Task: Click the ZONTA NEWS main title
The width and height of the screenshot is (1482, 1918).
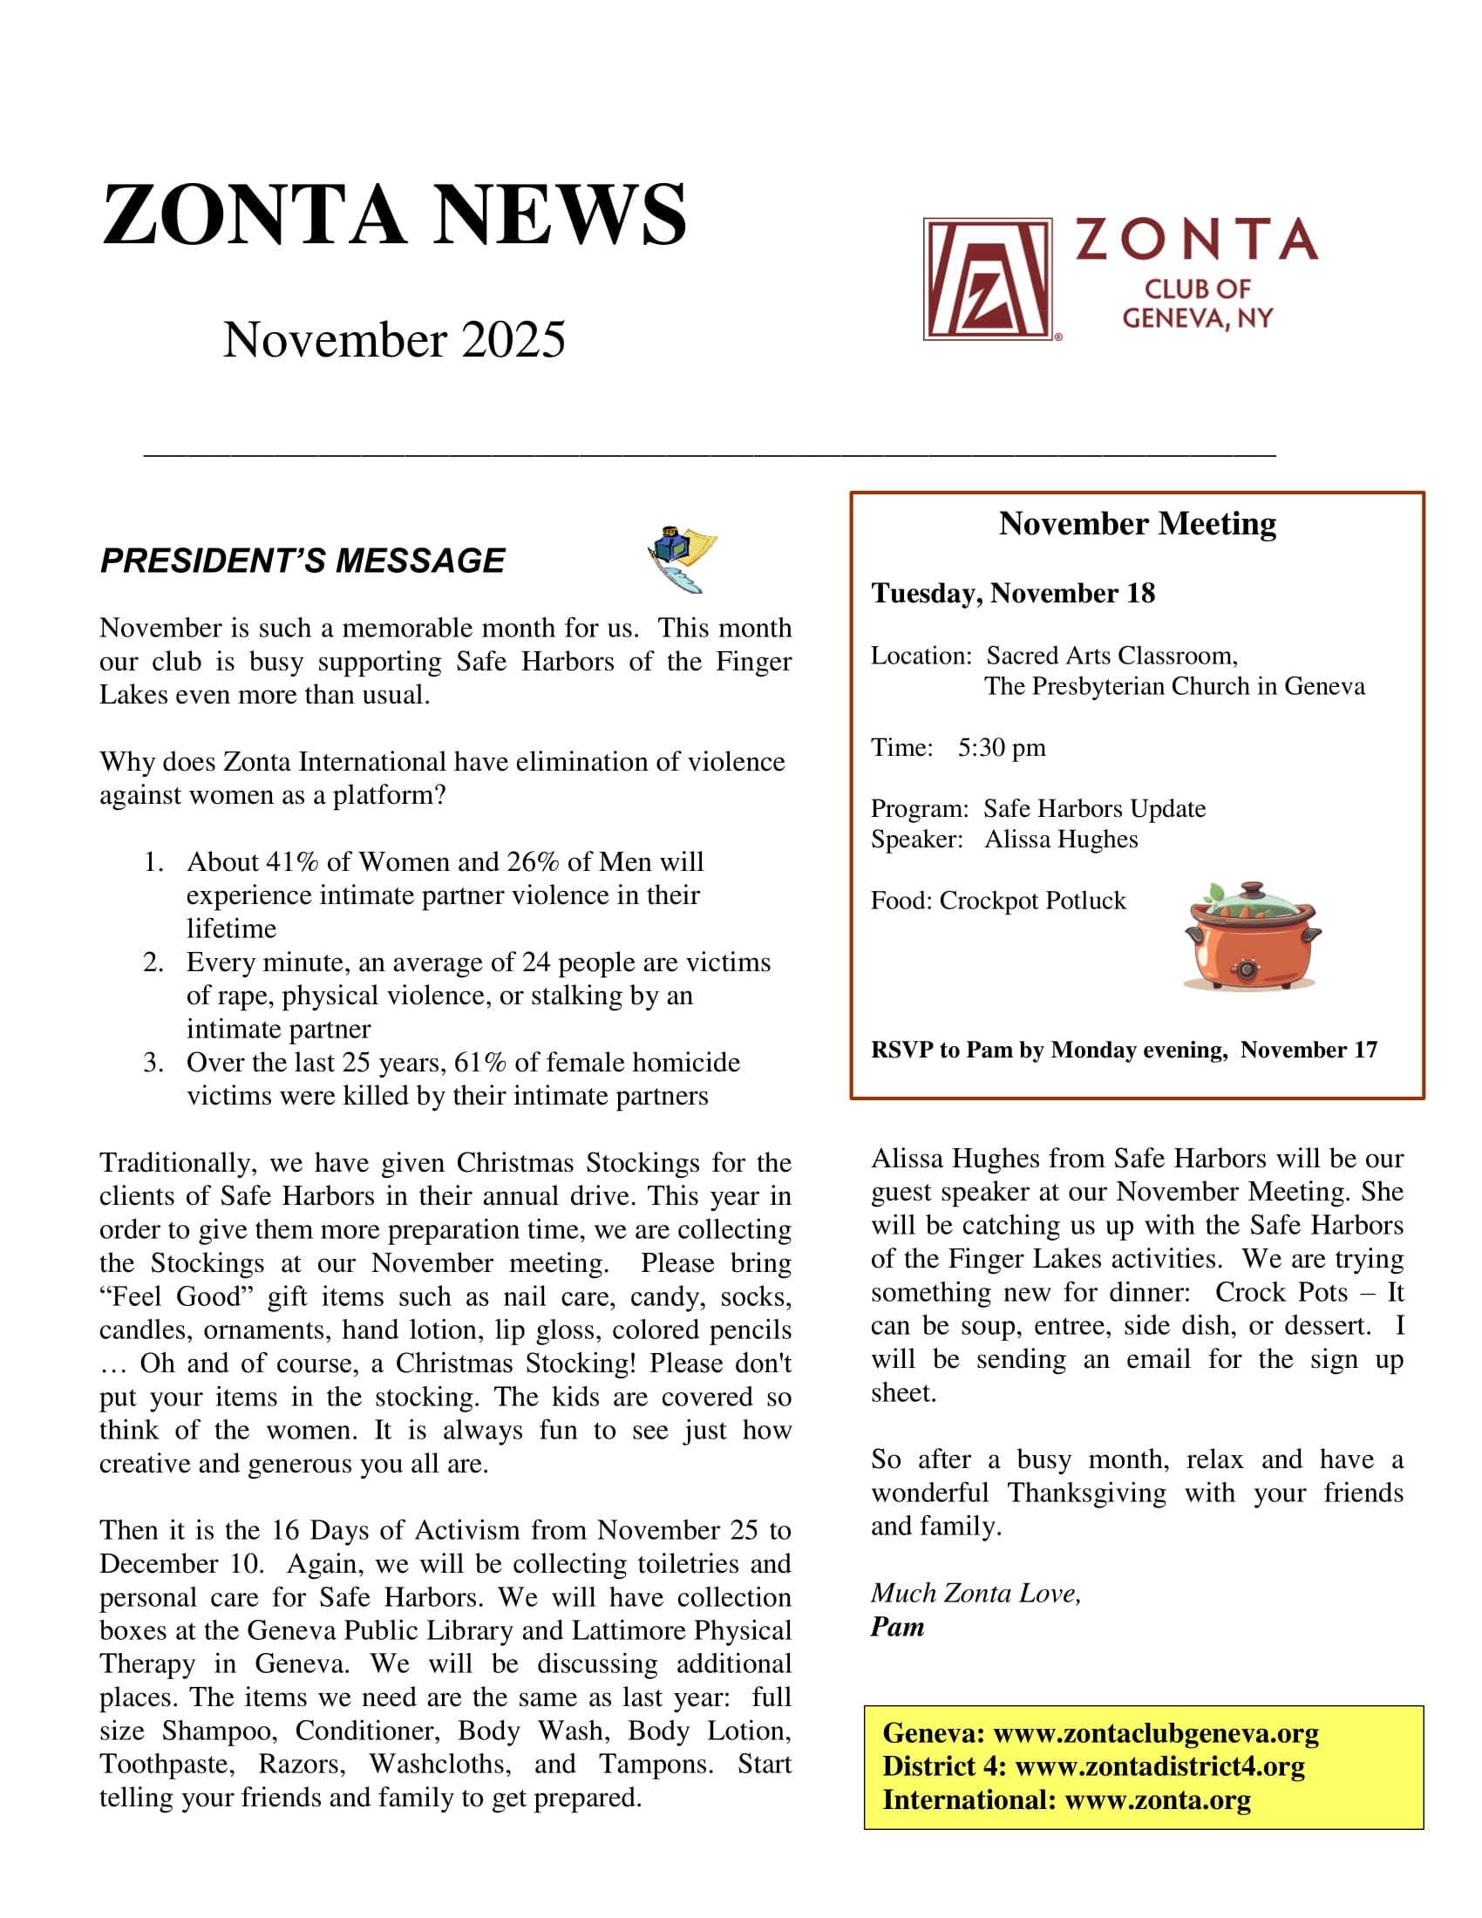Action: tap(394, 215)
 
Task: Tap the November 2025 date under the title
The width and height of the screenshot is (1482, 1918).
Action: tap(393, 340)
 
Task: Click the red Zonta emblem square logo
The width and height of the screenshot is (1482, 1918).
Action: tap(987, 278)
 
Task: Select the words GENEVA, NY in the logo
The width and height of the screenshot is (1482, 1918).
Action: tap(1198, 318)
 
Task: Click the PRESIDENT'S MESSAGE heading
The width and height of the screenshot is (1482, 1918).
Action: tap(302, 561)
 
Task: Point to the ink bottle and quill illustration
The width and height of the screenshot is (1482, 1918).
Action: tap(682, 560)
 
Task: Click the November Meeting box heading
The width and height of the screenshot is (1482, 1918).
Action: tap(1137, 524)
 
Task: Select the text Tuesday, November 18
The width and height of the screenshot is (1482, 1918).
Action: tap(1012, 594)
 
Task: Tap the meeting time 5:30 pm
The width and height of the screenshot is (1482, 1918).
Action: tap(1001, 747)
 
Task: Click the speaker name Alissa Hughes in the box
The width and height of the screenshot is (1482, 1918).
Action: tap(1061, 840)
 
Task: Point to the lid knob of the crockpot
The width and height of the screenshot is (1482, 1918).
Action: tap(1252, 889)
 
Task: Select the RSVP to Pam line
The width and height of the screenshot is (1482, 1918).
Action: tap(1124, 1050)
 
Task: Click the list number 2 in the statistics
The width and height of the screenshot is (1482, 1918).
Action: tap(153, 962)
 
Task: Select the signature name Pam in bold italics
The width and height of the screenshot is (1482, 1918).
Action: tap(897, 1628)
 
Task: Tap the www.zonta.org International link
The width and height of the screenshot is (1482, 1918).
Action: tap(1157, 1799)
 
